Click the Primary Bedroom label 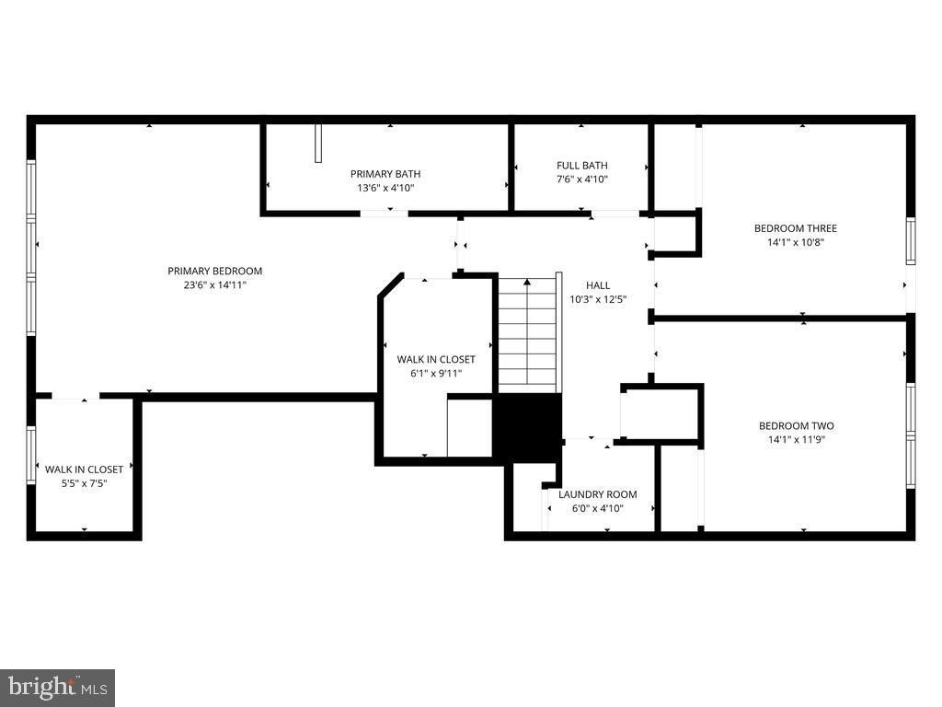[x=214, y=271]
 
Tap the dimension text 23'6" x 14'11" [x=214, y=285]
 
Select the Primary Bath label [x=385, y=174]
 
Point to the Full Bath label [x=581, y=166]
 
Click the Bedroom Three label [x=796, y=228]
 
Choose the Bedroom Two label [x=796, y=425]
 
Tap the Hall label [x=598, y=285]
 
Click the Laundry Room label [x=597, y=494]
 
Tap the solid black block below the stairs [x=527, y=426]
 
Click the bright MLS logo [x=57, y=687]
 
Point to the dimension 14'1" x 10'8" [x=796, y=243]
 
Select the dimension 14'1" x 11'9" [x=796, y=440]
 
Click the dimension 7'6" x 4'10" [x=581, y=180]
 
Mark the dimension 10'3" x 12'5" [x=598, y=299]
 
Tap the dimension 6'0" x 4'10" [x=597, y=508]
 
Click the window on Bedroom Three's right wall [x=910, y=240]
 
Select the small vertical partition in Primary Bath [x=318, y=144]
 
